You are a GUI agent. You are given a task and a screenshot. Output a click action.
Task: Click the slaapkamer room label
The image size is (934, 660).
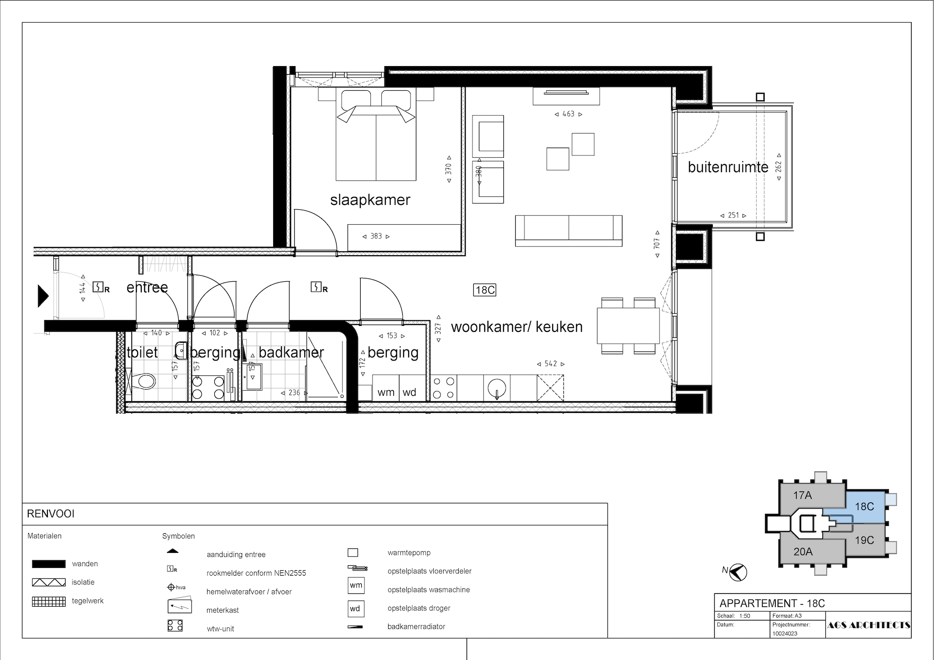click(x=370, y=200)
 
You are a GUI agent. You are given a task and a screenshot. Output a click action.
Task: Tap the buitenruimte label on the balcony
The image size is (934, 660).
click(x=728, y=167)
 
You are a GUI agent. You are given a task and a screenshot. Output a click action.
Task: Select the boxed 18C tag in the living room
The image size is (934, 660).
click(x=485, y=290)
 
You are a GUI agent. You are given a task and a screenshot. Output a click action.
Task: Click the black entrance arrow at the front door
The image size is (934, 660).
click(x=43, y=295)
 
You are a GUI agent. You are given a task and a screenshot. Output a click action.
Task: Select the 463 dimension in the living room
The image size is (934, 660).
click(x=568, y=114)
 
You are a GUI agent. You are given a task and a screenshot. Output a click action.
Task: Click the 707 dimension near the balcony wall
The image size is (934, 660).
click(x=657, y=244)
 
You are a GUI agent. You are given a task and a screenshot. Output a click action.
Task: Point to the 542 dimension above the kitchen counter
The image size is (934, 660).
click(x=550, y=364)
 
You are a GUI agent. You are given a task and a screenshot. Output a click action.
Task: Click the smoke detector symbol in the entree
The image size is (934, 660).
click(x=100, y=287)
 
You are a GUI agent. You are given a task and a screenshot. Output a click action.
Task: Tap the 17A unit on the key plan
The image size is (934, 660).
click(x=802, y=495)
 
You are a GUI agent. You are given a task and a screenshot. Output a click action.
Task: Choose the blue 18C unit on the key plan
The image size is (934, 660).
click(x=864, y=506)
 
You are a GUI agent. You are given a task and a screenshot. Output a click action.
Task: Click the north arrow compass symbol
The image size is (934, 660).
click(x=737, y=572)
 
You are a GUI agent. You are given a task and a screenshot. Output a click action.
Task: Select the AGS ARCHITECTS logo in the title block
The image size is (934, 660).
click(x=868, y=625)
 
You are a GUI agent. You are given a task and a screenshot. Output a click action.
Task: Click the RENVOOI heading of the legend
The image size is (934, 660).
click(x=51, y=514)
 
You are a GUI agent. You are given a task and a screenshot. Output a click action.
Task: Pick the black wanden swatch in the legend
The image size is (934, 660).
click(x=48, y=564)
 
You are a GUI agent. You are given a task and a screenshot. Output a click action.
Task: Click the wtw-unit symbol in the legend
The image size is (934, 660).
click(x=175, y=625)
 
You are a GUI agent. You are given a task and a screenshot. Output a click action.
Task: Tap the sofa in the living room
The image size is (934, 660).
click(x=569, y=231)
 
